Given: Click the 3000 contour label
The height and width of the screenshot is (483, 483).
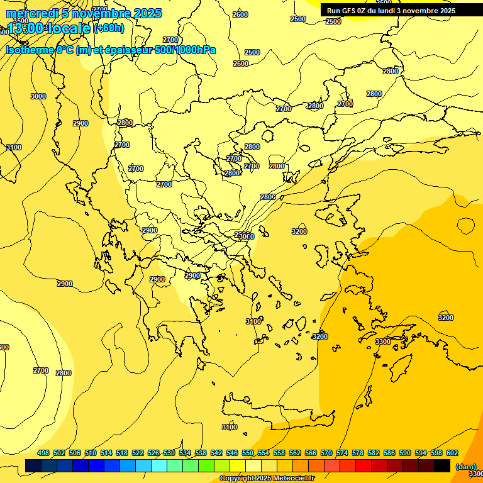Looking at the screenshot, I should (38, 96).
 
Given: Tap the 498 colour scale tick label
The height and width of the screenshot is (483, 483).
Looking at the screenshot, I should (43, 453).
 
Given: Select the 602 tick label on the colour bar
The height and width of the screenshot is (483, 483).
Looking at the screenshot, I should (452, 453).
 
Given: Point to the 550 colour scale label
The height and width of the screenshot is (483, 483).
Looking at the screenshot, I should (248, 453).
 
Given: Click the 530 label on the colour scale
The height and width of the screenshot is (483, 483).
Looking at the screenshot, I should (169, 453).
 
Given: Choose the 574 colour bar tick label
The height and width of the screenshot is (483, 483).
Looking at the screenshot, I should (342, 453).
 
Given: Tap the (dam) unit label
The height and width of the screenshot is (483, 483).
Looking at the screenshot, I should (465, 466).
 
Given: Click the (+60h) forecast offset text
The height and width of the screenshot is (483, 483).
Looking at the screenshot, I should (109, 28).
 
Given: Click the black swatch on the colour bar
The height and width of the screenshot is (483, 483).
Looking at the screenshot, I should (442, 465).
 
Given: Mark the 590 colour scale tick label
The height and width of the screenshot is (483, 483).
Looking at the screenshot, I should (405, 453).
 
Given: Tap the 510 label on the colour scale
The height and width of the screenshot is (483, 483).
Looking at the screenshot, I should (91, 453).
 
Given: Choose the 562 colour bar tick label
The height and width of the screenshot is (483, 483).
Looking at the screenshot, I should (295, 453).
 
